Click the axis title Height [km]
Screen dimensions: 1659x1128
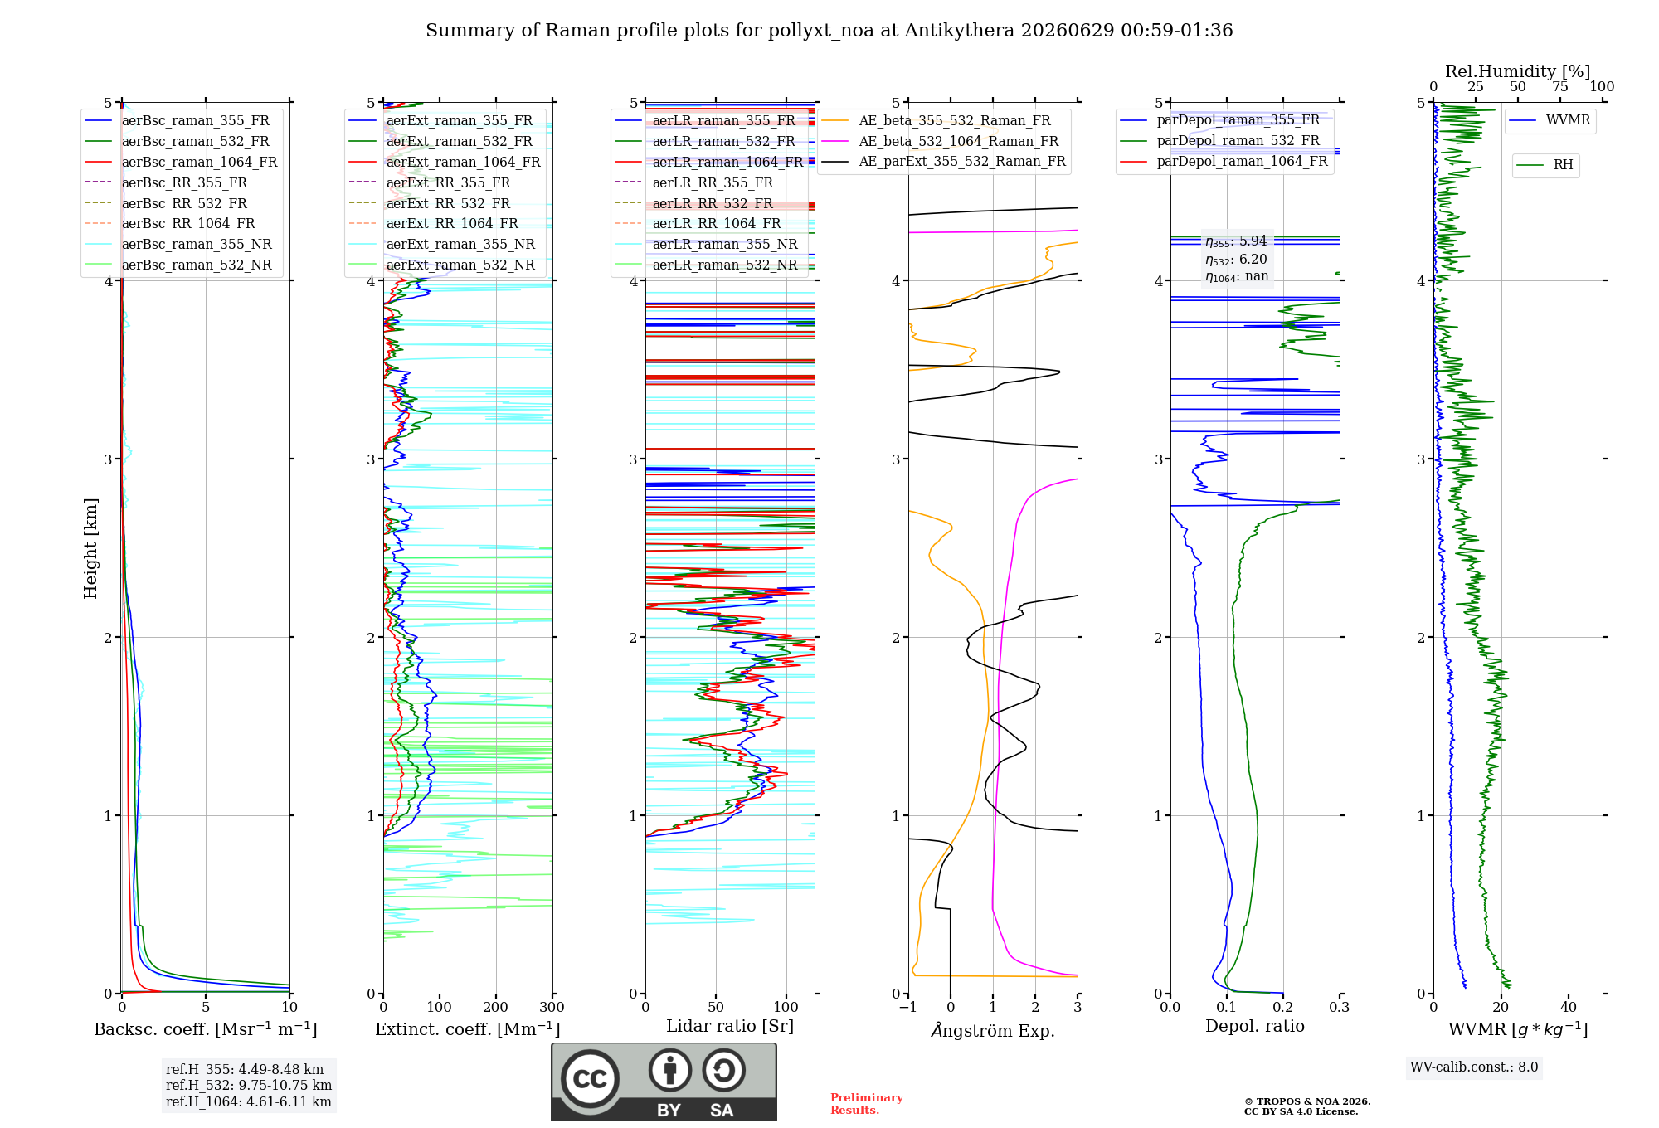tap(90, 548)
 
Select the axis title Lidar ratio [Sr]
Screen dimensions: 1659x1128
tap(730, 1026)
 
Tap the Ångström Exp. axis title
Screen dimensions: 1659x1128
tap(993, 1030)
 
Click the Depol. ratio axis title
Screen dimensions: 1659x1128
tap(1255, 1026)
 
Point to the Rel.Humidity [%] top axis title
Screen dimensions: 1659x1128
tap(1518, 71)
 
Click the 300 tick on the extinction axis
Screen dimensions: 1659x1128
tap(552, 1007)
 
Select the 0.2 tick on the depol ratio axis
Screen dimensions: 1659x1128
tap(1283, 1007)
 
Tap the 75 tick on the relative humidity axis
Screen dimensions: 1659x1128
tap(1560, 86)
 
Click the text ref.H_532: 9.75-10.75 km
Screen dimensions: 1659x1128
tap(249, 1085)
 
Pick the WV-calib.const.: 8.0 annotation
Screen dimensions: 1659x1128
tap(1474, 1067)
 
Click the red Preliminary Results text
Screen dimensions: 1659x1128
tap(866, 1103)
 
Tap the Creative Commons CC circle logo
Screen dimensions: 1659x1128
tap(590, 1078)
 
